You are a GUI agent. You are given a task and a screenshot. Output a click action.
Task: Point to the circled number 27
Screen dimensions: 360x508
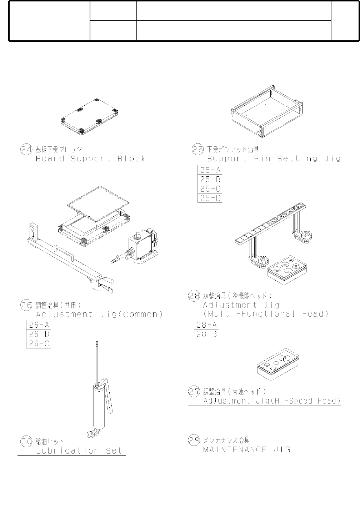click(194, 392)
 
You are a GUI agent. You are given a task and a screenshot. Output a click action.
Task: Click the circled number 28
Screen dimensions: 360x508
click(194, 296)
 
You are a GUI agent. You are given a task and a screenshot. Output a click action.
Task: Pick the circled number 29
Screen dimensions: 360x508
click(194, 440)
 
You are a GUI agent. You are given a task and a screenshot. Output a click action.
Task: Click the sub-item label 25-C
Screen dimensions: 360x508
click(210, 189)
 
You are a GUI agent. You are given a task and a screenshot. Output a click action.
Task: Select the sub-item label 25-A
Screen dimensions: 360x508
click(210, 170)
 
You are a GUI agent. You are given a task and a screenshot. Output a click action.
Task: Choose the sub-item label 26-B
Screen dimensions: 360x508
click(39, 335)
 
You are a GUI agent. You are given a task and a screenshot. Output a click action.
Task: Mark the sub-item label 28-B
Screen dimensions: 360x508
click(207, 335)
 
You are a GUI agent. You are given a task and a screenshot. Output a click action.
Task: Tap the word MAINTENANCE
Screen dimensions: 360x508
click(235, 450)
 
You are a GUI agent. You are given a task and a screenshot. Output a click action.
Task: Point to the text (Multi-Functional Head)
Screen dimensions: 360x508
click(265, 314)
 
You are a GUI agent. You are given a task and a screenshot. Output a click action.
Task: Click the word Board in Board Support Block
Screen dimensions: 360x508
click(50, 159)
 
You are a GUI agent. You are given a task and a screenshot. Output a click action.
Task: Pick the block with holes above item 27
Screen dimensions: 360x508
click(278, 366)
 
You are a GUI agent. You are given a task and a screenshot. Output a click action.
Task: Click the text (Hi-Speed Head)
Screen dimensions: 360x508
click(306, 401)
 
